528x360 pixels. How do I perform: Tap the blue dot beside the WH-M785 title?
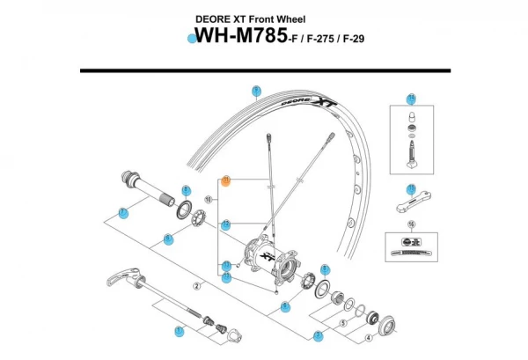click(x=190, y=38)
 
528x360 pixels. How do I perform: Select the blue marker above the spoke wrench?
click(x=411, y=188)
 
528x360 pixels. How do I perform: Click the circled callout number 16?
click(x=411, y=224)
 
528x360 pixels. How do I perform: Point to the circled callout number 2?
click(x=199, y=286)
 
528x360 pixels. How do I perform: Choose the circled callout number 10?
click(x=209, y=200)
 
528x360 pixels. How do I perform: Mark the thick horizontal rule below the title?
click(x=264, y=70)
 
